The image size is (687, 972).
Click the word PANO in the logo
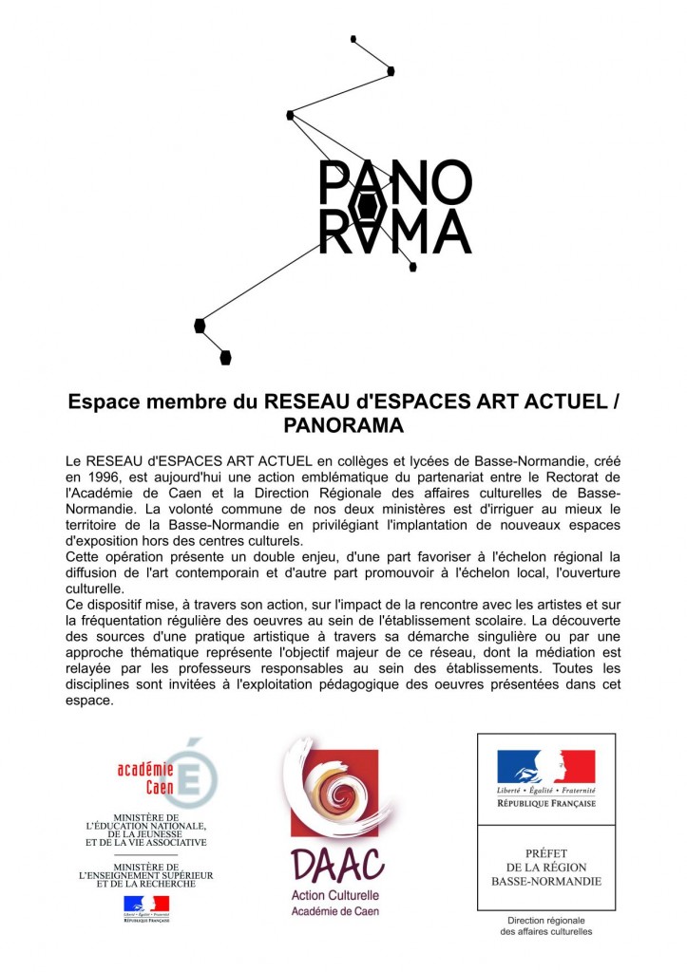pos(395,180)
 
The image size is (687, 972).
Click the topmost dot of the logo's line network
pos(353,39)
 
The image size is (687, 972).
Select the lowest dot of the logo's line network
pos(225,358)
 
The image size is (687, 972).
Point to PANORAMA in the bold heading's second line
pos(343,423)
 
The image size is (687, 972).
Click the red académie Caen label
pos(145,778)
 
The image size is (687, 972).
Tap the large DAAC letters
pos(337,865)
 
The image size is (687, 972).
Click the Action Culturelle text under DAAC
pos(335,895)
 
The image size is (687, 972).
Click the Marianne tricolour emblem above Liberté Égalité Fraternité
pos(545,766)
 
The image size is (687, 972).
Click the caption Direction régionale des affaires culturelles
pos(545,925)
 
